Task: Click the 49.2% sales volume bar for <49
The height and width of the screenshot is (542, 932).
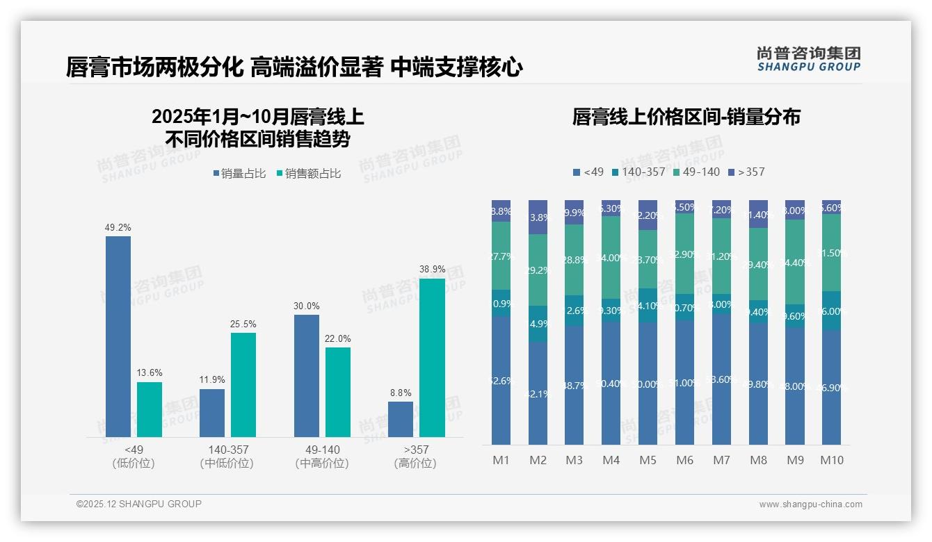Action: coord(118,336)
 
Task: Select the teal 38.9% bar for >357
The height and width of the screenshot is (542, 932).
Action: coord(432,358)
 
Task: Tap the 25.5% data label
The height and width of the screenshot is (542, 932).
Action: coord(243,324)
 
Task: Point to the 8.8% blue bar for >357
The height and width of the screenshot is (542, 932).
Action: coord(401,419)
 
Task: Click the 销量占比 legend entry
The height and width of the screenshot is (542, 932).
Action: coord(239,174)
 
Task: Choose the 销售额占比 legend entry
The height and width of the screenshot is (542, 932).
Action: coord(309,174)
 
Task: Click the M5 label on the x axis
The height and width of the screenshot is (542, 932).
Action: coord(648,460)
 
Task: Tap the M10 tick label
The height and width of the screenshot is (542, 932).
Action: coord(832,460)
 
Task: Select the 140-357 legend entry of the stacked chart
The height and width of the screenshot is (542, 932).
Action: coord(638,172)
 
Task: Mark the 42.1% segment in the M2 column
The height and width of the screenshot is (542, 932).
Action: coord(538,393)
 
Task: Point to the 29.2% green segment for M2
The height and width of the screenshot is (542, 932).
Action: coord(538,270)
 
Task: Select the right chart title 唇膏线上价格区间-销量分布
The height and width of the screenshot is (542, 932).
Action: coord(686,117)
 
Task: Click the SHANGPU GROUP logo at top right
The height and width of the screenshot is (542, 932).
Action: coord(808,59)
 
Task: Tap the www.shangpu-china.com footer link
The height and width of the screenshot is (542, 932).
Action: coord(810,504)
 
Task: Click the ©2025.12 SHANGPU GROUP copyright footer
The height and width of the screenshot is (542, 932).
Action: coord(139,504)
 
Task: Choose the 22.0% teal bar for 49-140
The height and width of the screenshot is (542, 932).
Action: coord(338,392)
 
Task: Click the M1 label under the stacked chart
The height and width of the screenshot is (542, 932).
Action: coord(501,460)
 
